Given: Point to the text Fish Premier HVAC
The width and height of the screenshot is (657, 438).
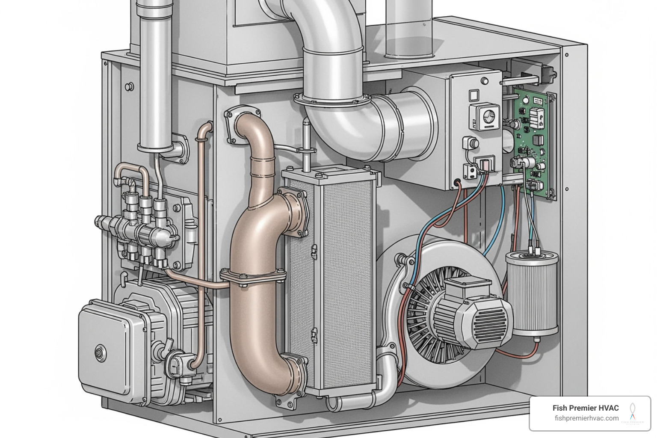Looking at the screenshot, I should click(585, 408).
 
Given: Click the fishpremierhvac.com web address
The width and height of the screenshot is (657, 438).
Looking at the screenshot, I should click(586, 418).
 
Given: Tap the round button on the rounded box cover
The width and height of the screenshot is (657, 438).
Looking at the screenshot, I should click(101, 353).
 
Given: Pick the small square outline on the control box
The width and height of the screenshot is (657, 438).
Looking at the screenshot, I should click(474, 95).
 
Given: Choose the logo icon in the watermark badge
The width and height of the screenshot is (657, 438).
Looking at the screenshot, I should click(632, 412).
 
